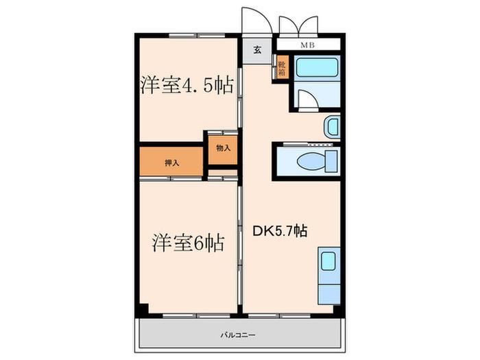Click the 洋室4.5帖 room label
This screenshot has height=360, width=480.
187,85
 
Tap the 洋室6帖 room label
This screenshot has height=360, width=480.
189,243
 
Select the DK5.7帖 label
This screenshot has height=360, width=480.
280,231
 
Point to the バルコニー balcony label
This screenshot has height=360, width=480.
238,335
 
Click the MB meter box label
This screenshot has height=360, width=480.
308,46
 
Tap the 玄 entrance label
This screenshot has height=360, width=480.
257,50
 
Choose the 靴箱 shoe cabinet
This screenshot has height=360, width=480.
283,69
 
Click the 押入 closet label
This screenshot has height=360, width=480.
171,163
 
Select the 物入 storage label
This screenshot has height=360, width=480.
223,148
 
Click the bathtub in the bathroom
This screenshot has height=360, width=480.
317,68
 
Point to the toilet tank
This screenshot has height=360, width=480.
331,161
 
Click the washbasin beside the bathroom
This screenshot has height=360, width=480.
333,126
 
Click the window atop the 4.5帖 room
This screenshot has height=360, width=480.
197,36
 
